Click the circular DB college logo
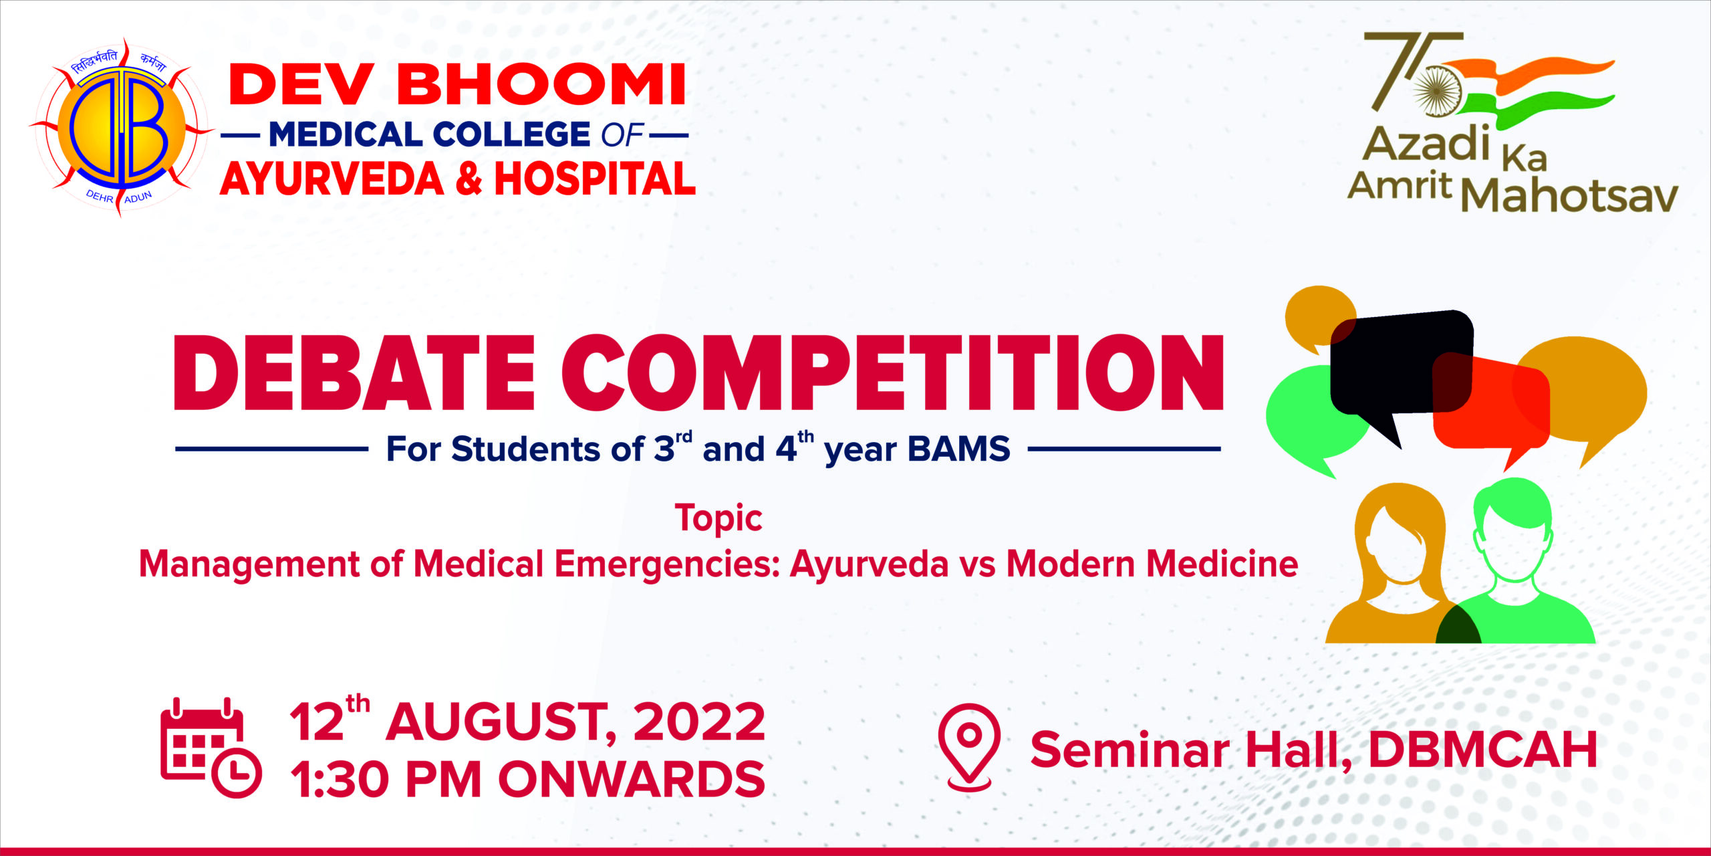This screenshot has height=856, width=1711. click(120, 127)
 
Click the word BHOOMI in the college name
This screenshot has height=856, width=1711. click(542, 85)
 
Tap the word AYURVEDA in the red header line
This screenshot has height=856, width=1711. click(332, 179)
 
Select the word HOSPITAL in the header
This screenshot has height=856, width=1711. click(595, 179)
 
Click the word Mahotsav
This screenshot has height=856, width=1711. click(1570, 196)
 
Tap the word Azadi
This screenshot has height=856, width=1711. click(1427, 144)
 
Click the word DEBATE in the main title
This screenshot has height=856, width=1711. click(354, 372)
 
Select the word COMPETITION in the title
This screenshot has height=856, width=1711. click(893, 372)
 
